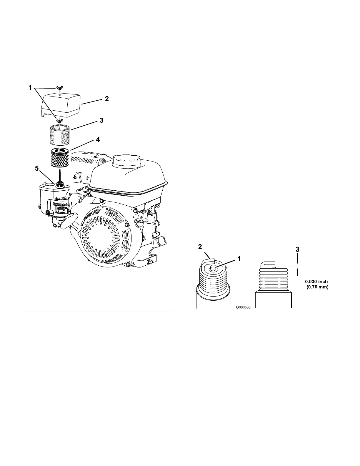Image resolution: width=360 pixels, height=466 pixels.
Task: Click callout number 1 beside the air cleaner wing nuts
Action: (30, 87)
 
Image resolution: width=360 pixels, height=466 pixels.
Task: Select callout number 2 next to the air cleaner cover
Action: (107, 99)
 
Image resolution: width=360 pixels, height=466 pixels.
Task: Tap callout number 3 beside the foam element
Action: (101, 120)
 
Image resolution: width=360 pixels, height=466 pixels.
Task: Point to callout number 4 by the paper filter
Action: (98, 139)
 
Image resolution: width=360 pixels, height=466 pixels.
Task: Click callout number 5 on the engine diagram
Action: (37, 169)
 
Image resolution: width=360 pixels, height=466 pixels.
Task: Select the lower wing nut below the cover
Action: (59, 120)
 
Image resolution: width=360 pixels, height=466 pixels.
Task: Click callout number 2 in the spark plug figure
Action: (200, 247)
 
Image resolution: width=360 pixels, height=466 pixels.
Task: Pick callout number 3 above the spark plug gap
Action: (297, 249)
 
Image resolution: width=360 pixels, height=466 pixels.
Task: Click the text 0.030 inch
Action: (316, 282)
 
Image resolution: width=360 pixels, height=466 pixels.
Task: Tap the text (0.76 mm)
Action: (317, 287)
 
